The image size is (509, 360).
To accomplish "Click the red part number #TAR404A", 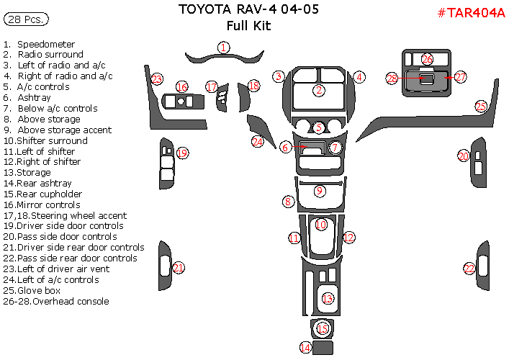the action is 472,13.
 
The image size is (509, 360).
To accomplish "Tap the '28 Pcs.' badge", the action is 26,19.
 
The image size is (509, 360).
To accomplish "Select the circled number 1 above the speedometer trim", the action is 223,48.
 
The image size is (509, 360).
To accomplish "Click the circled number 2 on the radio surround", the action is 319,90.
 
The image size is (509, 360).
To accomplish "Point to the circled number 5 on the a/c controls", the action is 319,127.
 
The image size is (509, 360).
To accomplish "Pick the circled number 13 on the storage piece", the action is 328,298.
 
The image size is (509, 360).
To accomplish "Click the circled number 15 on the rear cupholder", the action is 323,328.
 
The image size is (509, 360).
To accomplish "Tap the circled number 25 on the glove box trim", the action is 481,106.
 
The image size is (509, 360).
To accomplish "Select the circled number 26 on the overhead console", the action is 427,59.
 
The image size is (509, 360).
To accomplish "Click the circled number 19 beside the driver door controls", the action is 182,153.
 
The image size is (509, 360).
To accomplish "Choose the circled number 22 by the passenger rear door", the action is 469,269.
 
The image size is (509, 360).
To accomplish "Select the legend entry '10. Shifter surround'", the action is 45,140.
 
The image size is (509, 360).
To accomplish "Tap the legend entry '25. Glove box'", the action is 32,290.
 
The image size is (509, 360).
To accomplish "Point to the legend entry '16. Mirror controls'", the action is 42,204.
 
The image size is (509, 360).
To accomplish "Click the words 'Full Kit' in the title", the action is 248,26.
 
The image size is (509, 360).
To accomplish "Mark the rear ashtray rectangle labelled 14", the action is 323,348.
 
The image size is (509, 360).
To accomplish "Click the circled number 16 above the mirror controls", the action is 181,86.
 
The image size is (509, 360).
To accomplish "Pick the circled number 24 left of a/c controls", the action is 258,142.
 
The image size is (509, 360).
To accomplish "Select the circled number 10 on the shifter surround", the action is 320,225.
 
